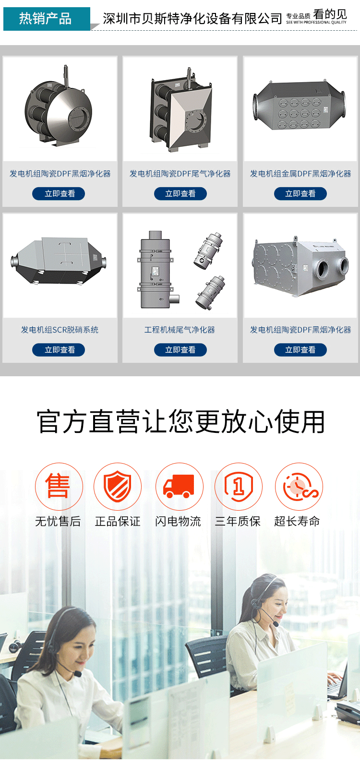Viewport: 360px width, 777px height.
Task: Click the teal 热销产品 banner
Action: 47,19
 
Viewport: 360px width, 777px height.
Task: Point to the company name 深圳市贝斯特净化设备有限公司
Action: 192,19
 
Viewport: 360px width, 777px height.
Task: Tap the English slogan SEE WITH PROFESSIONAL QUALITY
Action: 316,22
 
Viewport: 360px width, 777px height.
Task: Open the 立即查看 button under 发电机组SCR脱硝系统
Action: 59,350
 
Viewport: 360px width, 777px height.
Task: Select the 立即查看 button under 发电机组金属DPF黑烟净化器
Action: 300,193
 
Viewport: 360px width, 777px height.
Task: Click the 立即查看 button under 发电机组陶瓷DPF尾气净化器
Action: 180,193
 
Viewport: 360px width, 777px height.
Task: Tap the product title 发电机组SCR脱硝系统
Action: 60,330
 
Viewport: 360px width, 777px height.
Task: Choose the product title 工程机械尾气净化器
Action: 180,330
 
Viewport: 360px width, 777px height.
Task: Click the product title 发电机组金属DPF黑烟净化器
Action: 300,173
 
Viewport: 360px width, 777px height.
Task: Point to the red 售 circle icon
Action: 59,486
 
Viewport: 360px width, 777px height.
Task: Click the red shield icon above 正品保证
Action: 118,486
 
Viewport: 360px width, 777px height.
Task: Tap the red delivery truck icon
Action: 180,486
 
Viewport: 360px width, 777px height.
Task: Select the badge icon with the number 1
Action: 239,486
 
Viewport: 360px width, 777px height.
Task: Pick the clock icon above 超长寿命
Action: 299,486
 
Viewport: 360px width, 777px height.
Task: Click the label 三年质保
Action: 238,521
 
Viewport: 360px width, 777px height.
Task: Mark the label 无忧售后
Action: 58,521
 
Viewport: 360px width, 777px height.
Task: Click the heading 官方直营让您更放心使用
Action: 180,422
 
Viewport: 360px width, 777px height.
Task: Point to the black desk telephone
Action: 348,713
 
